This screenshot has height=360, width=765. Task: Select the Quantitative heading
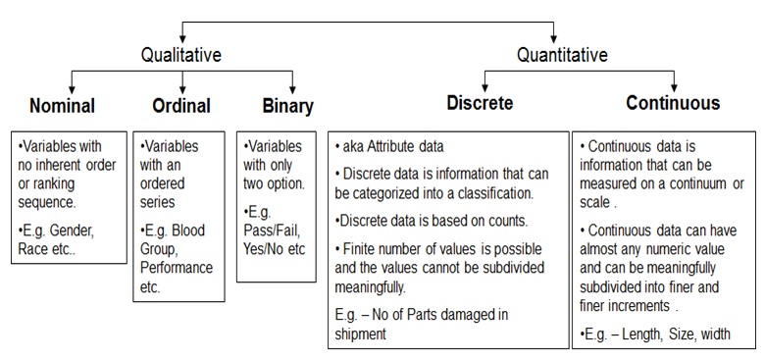pyautogui.click(x=562, y=56)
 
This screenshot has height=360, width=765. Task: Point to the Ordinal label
pyautogui.click(x=182, y=104)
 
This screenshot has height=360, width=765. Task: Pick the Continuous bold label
pyautogui.click(x=673, y=103)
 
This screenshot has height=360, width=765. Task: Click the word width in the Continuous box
pyautogui.click(x=714, y=334)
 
